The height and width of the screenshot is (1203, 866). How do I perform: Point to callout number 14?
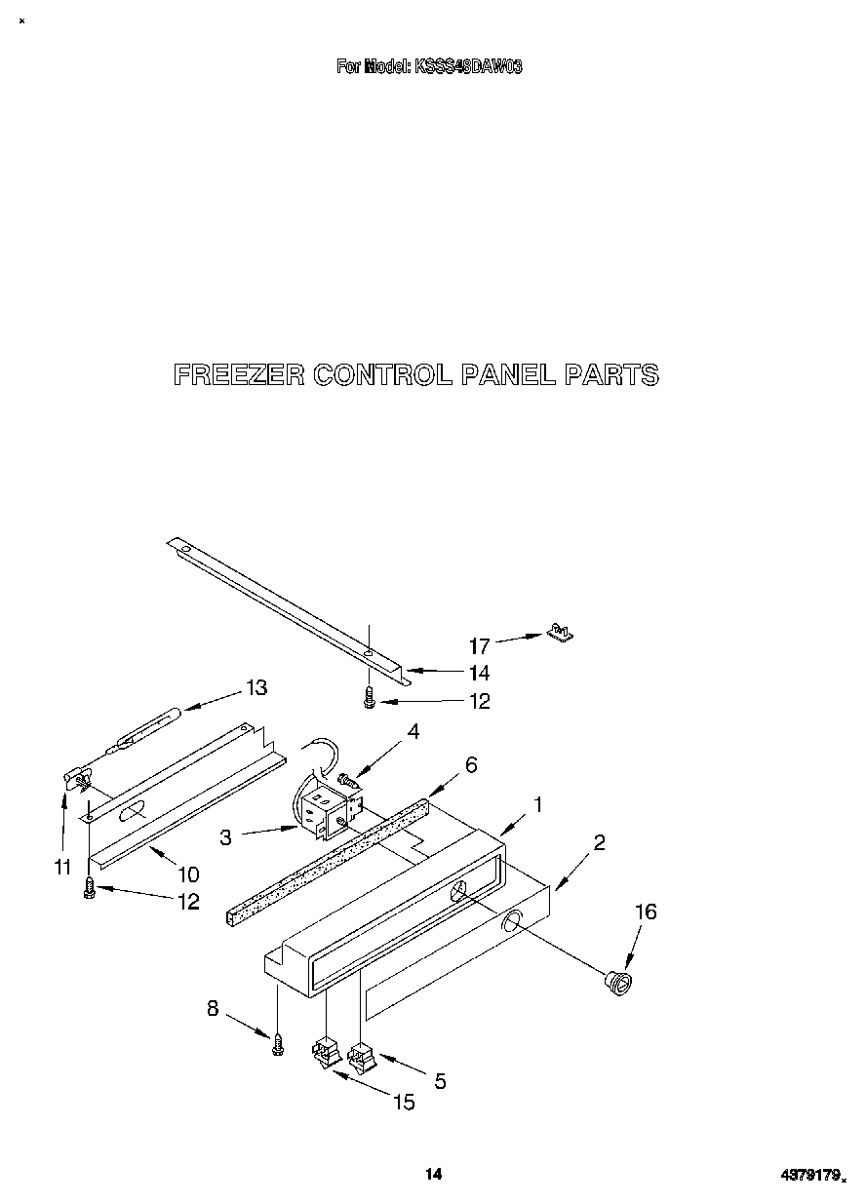[479, 673]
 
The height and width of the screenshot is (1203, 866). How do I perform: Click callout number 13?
[256, 688]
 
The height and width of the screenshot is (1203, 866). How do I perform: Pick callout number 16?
[646, 912]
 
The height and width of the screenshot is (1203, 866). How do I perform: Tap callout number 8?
[213, 1009]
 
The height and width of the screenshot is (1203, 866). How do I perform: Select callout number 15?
[403, 1103]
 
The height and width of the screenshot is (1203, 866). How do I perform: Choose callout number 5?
[440, 1080]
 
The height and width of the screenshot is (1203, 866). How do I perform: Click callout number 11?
[62, 866]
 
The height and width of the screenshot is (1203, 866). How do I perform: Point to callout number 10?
[187, 873]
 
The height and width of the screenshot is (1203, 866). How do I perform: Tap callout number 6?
[471, 765]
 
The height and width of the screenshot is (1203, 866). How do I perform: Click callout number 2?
[599, 842]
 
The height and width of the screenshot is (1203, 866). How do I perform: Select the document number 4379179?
[810, 1176]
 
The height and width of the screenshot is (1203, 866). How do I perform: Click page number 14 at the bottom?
[433, 1175]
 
